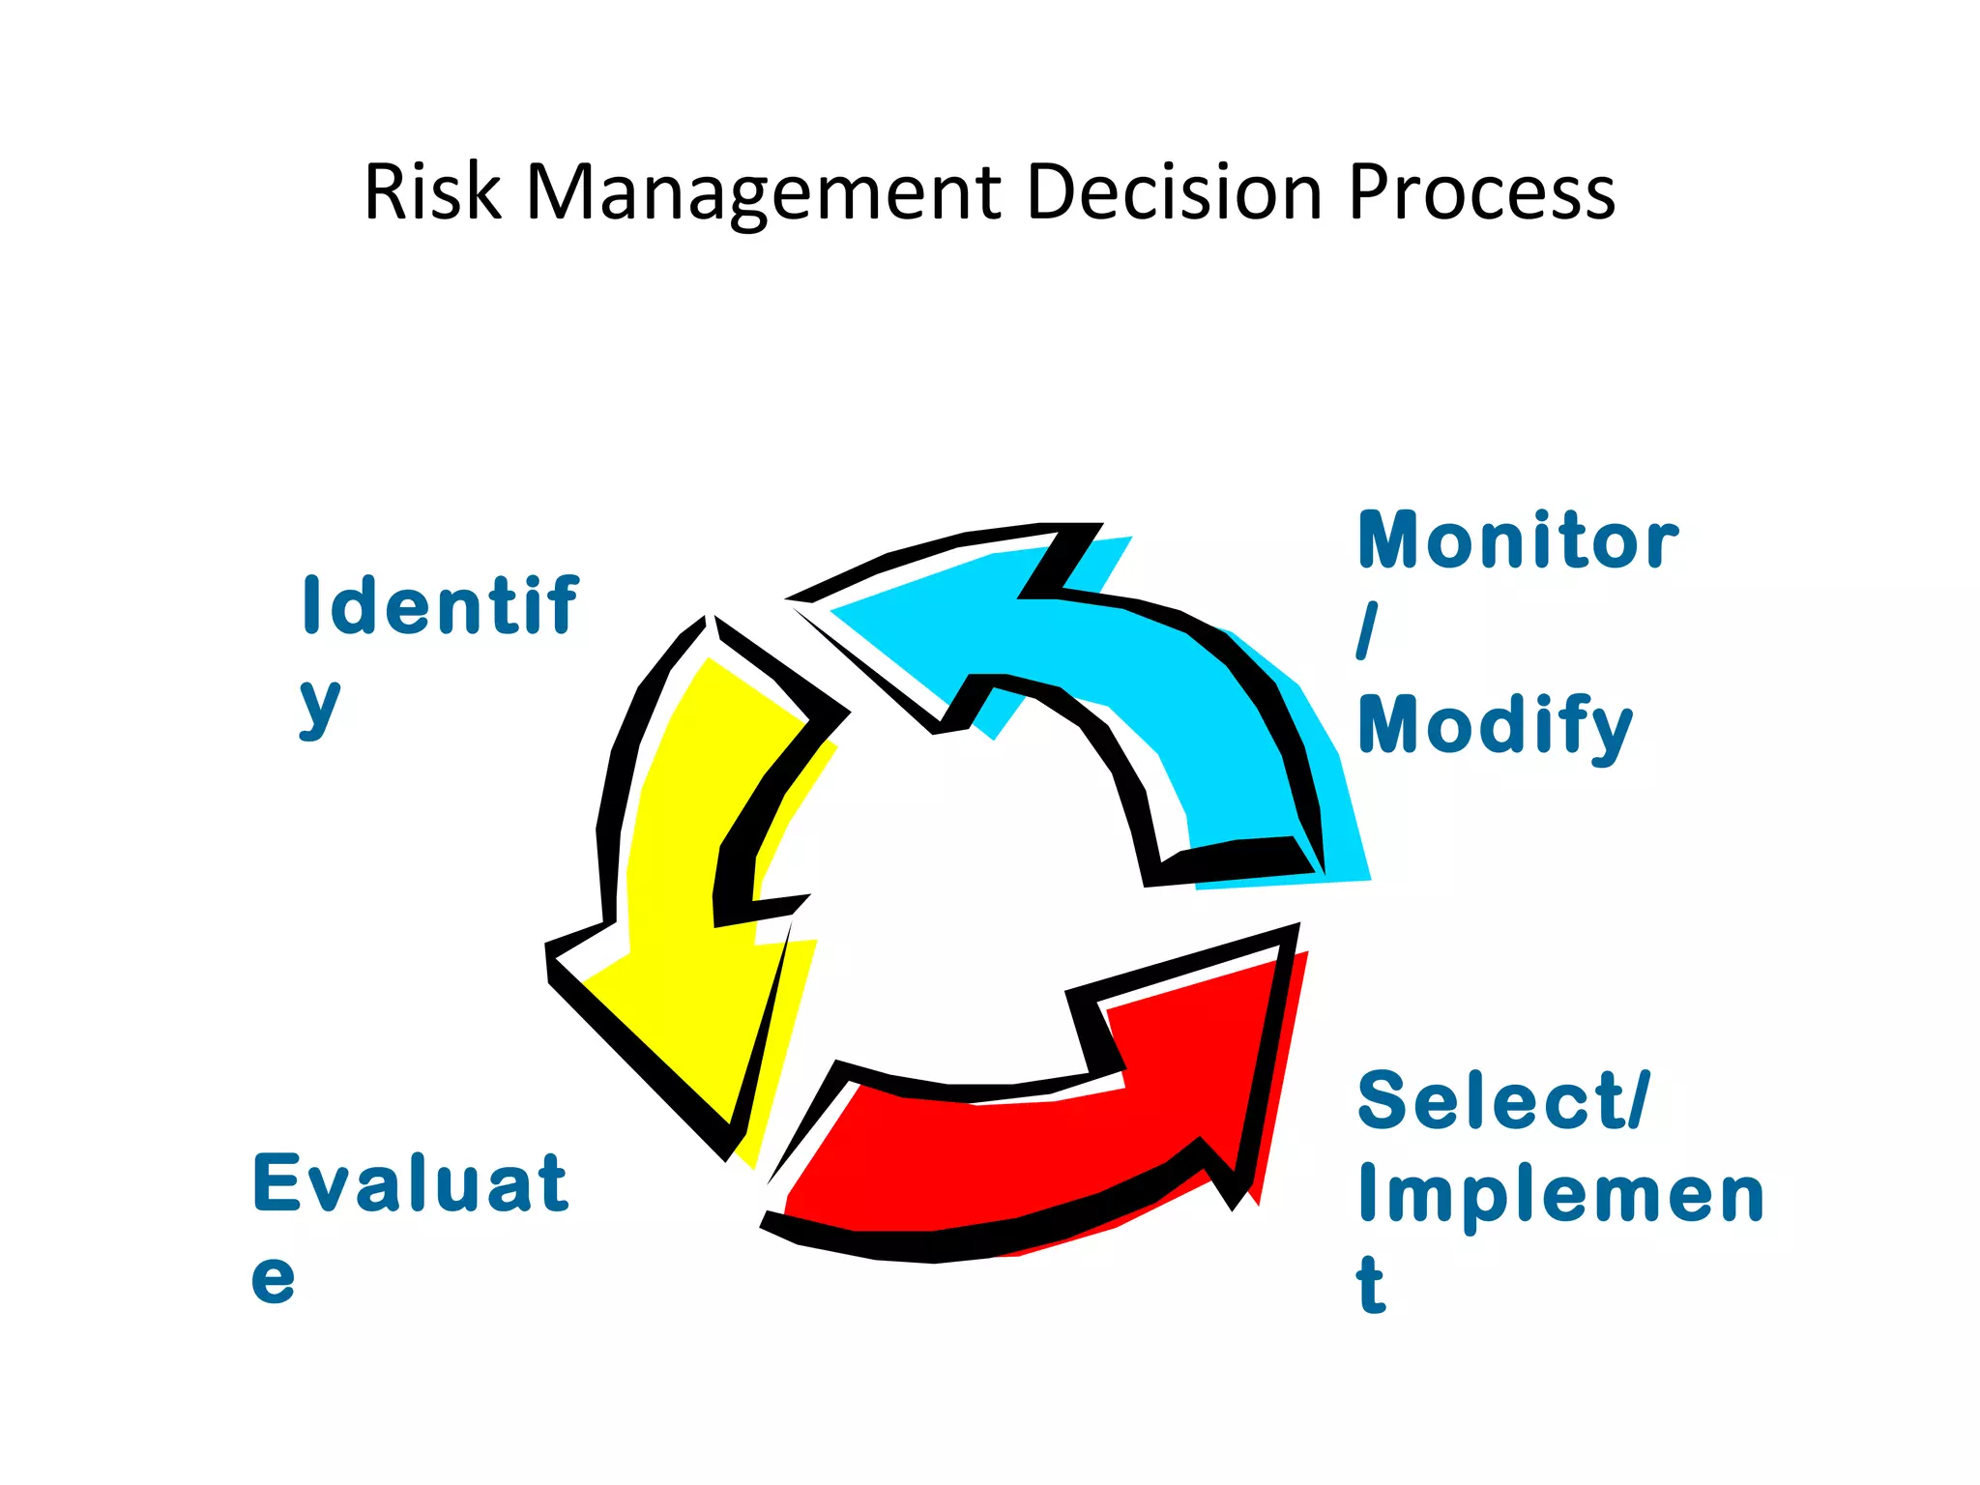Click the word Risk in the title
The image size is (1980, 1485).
432,192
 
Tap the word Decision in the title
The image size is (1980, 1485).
1174,192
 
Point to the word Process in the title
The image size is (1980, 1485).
1481,192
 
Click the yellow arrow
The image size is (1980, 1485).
696,870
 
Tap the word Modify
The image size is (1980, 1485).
1495,725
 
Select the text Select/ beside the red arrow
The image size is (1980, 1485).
1503,1100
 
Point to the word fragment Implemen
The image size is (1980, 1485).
1560,1195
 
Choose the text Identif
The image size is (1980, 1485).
440,605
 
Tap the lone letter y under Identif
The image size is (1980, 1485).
320,706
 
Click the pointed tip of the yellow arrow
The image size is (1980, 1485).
730,1150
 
